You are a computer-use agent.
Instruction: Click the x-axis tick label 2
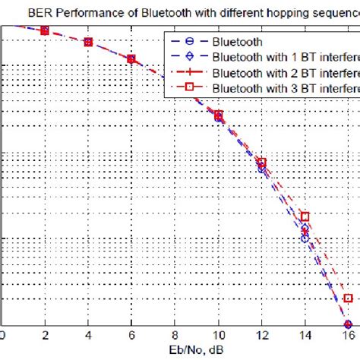pos(45,334)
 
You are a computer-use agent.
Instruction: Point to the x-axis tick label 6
pos(131,334)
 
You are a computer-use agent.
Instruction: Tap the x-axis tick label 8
pos(175,334)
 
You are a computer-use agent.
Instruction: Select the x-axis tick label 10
pos(219,334)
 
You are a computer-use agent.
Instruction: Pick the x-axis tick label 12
pos(262,334)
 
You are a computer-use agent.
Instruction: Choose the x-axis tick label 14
pos(305,334)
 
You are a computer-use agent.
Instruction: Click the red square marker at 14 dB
pos(305,216)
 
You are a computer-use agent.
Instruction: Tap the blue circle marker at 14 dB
pos(305,238)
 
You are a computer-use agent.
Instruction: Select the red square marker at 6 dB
pos(131,58)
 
